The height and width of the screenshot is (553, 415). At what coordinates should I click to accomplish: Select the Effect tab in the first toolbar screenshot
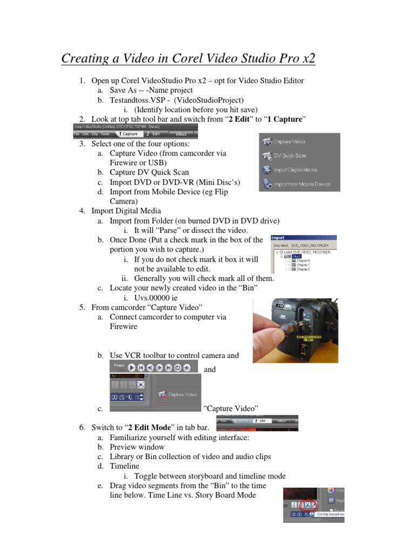pos(182,133)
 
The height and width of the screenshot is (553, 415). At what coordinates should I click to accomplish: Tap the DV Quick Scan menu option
pos(290,156)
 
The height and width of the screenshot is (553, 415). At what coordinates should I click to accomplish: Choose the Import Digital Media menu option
pos(295,170)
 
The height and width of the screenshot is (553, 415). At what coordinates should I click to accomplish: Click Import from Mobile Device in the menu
pos(302,184)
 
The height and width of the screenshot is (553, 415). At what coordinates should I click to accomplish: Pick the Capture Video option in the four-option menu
pos(290,141)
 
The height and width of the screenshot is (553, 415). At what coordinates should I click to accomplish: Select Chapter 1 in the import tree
pos(303,265)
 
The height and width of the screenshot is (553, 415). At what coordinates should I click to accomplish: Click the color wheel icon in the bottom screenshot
pos(331,490)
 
